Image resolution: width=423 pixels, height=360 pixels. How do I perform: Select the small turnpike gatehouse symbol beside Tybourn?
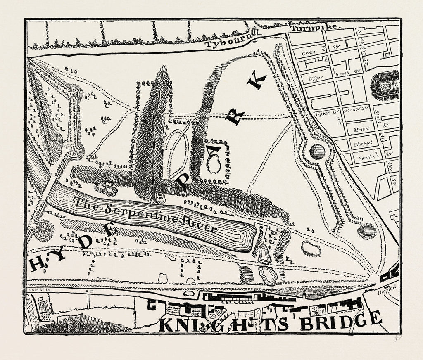coord(254,31)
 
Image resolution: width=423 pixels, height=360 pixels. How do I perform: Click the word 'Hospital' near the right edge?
coord(387,287)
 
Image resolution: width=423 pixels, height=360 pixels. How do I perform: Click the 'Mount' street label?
coord(360,129)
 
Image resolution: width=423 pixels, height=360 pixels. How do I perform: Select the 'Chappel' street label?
coord(360,145)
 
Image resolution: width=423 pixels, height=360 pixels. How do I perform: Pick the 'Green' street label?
coord(309,53)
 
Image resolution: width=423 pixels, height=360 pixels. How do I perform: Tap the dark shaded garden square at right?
coord(385,85)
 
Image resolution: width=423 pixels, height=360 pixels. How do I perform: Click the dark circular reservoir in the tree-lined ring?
coord(317,152)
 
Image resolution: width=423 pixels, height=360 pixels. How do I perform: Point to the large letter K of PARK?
coord(256,81)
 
